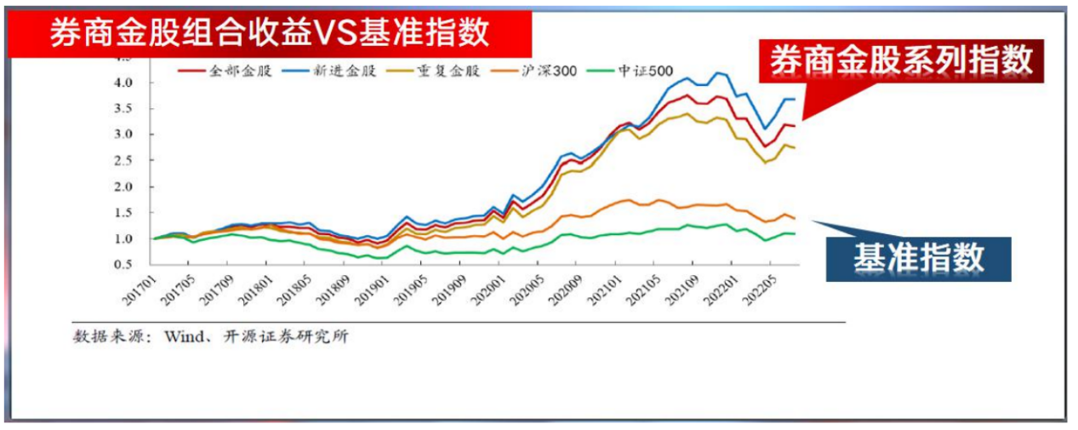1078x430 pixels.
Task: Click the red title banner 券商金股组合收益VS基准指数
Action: pos(269,33)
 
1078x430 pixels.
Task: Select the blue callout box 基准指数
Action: pos(918,257)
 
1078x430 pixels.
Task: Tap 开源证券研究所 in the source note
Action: pos(276,337)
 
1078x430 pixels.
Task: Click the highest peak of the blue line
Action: pos(719,73)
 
